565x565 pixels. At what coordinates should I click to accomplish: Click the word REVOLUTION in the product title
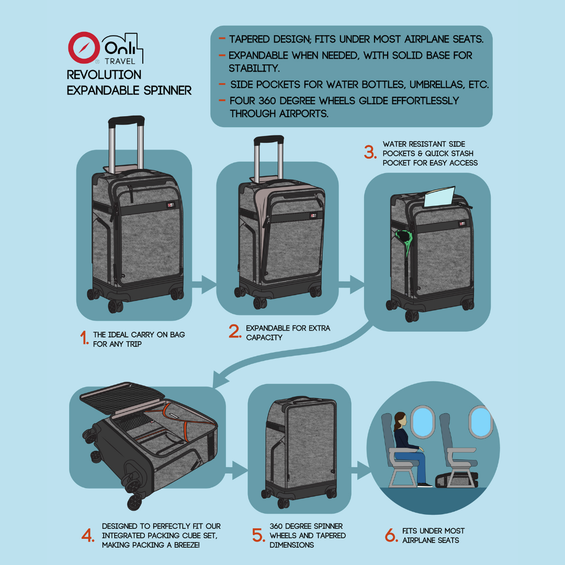tap(104, 75)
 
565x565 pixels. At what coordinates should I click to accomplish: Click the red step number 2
tap(235, 332)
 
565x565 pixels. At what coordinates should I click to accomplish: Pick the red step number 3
tap(370, 152)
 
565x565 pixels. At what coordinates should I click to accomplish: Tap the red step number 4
tap(88, 536)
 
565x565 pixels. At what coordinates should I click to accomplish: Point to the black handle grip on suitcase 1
tap(126, 121)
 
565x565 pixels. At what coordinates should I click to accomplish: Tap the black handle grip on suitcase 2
tap(268, 140)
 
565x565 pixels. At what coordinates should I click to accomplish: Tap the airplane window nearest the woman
tap(422, 421)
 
